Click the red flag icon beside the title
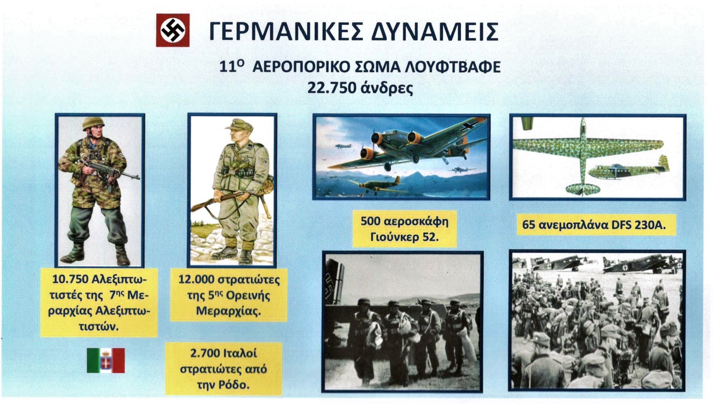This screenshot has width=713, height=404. click(173, 30)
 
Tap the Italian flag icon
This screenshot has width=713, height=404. click(106, 360)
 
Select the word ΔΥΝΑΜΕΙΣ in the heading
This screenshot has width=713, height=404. click(434, 32)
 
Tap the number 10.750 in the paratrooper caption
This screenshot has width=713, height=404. click(70, 279)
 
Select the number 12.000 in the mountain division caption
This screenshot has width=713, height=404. click(196, 279)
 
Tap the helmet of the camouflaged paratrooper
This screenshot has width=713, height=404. click(93, 124)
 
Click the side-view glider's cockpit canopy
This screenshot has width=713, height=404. click(616, 167)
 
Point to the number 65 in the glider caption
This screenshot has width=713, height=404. click(529, 225)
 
